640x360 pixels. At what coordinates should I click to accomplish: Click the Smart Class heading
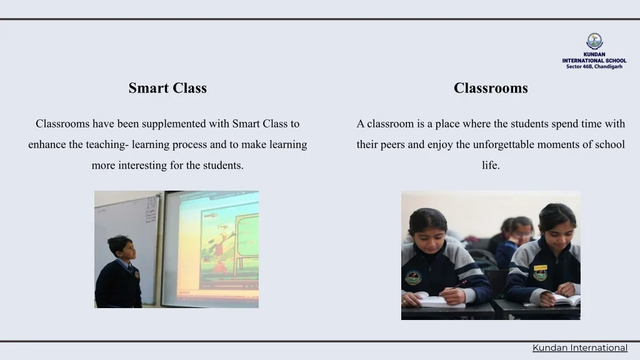[167, 88]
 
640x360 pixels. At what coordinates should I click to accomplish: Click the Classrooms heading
[491, 88]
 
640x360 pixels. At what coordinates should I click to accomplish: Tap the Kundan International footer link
[579, 347]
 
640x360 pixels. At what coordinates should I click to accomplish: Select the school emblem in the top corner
[594, 41]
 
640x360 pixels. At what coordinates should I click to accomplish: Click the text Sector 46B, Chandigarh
[594, 66]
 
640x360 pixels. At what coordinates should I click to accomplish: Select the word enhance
[47, 144]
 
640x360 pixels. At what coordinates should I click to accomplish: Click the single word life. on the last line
[491, 166]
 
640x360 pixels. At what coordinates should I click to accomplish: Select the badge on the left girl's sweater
[413, 277]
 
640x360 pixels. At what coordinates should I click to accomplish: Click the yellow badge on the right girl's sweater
[540, 268]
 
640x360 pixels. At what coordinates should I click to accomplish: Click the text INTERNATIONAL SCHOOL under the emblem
[594, 61]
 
